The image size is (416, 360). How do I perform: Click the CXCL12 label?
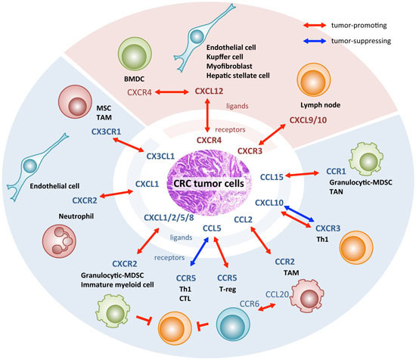(x=209, y=92)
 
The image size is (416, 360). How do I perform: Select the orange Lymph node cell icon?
(x=314, y=79)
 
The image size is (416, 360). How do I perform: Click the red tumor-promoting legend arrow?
(x=315, y=25)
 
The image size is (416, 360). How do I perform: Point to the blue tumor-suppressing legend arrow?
(x=315, y=41)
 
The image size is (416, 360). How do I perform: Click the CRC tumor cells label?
(x=209, y=183)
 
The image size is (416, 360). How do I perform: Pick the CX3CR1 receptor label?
(x=106, y=132)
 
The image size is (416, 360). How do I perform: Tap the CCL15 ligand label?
(x=272, y=177)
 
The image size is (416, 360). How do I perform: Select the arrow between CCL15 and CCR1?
(x=303, y=174)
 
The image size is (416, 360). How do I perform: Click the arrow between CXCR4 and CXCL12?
(x=172, y=92)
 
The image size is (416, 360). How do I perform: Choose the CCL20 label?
(x=277, y=294)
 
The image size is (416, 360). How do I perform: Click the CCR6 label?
(x=250, y=304)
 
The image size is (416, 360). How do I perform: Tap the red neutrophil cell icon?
(x=59, y=241)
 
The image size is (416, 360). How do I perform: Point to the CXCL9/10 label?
(x=308, y=120)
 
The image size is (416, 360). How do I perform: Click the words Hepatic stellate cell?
(x=238, y=76)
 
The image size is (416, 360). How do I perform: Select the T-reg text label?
(x=228, y=289)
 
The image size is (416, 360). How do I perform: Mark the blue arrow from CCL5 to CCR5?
(x=199, y=252)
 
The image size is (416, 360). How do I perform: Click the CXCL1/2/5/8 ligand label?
(x=169, y=218)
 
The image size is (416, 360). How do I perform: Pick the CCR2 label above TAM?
(x=284, y=262)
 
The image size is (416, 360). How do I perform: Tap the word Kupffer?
(x=217, y=57)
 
